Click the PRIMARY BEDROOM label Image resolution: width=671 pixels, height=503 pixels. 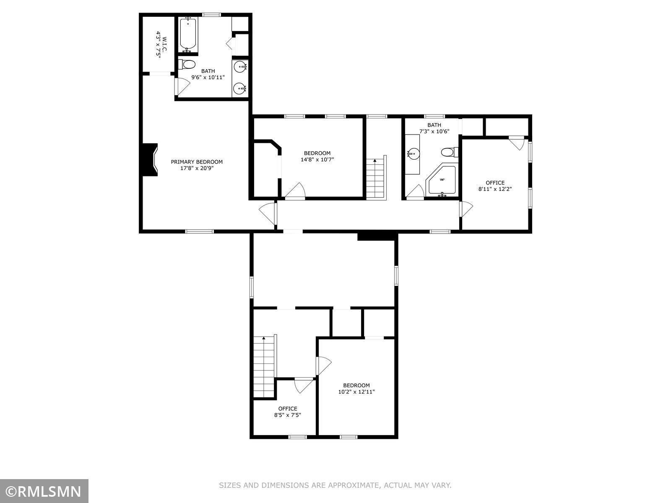point(197,165)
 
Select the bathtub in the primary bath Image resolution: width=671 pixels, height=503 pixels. point(187,34)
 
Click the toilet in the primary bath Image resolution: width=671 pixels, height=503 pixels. point(187,65)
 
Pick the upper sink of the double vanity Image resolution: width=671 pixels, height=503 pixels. point(240,67)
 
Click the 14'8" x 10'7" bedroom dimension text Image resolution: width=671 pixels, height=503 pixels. point(317,159)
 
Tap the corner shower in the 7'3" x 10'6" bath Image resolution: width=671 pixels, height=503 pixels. point(442,180)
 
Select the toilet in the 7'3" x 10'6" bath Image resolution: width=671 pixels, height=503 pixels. point(450,152)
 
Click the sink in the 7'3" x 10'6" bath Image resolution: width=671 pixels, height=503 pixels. point(413,153)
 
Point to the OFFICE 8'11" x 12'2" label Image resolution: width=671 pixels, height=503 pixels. point(495,186)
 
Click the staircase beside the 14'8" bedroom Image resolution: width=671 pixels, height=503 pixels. point(376,178)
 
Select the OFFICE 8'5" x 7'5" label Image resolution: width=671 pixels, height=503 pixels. point(287,412)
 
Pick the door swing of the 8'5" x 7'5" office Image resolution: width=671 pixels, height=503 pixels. point(304,385)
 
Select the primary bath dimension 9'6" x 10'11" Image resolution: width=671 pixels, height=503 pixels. point(208,78)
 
